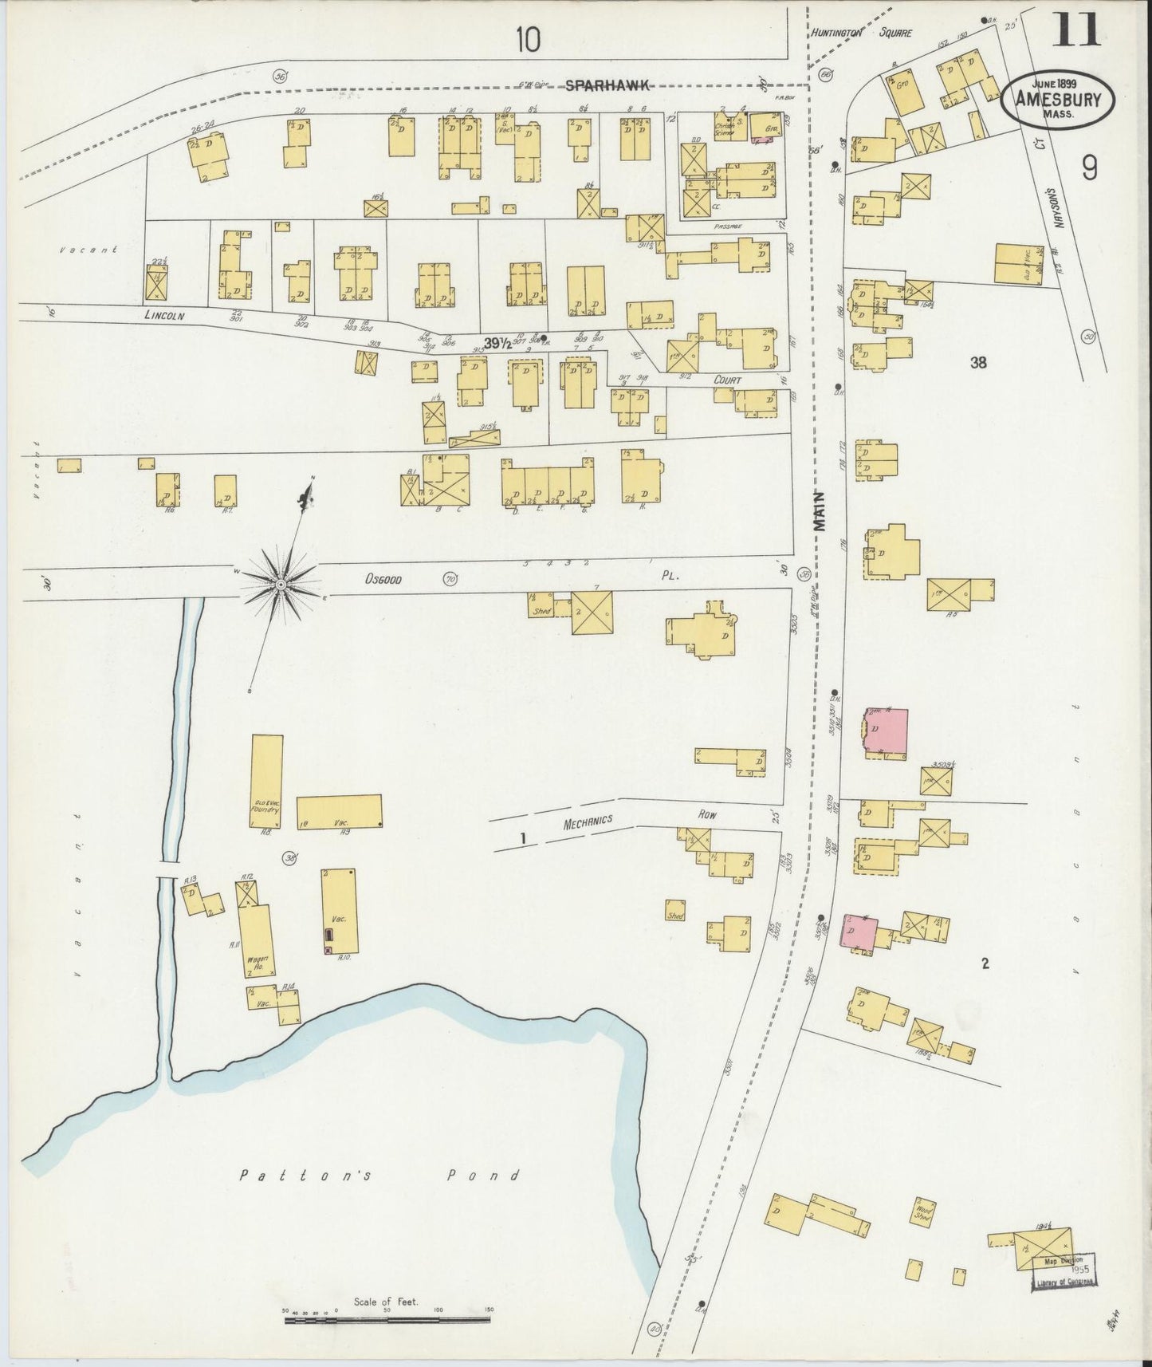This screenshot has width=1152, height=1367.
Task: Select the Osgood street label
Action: pos(383,580)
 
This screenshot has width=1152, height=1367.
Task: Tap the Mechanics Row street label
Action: pos(588,822)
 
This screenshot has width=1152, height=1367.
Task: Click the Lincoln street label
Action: pos(164,316)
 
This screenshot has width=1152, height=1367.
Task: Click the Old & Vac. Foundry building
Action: pos(266,782)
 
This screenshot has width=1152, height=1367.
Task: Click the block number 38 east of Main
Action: pos(978,363)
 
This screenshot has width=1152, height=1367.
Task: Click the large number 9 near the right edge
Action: pos(1090,168)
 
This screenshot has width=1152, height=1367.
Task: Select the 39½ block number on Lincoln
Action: pos(497,343)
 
